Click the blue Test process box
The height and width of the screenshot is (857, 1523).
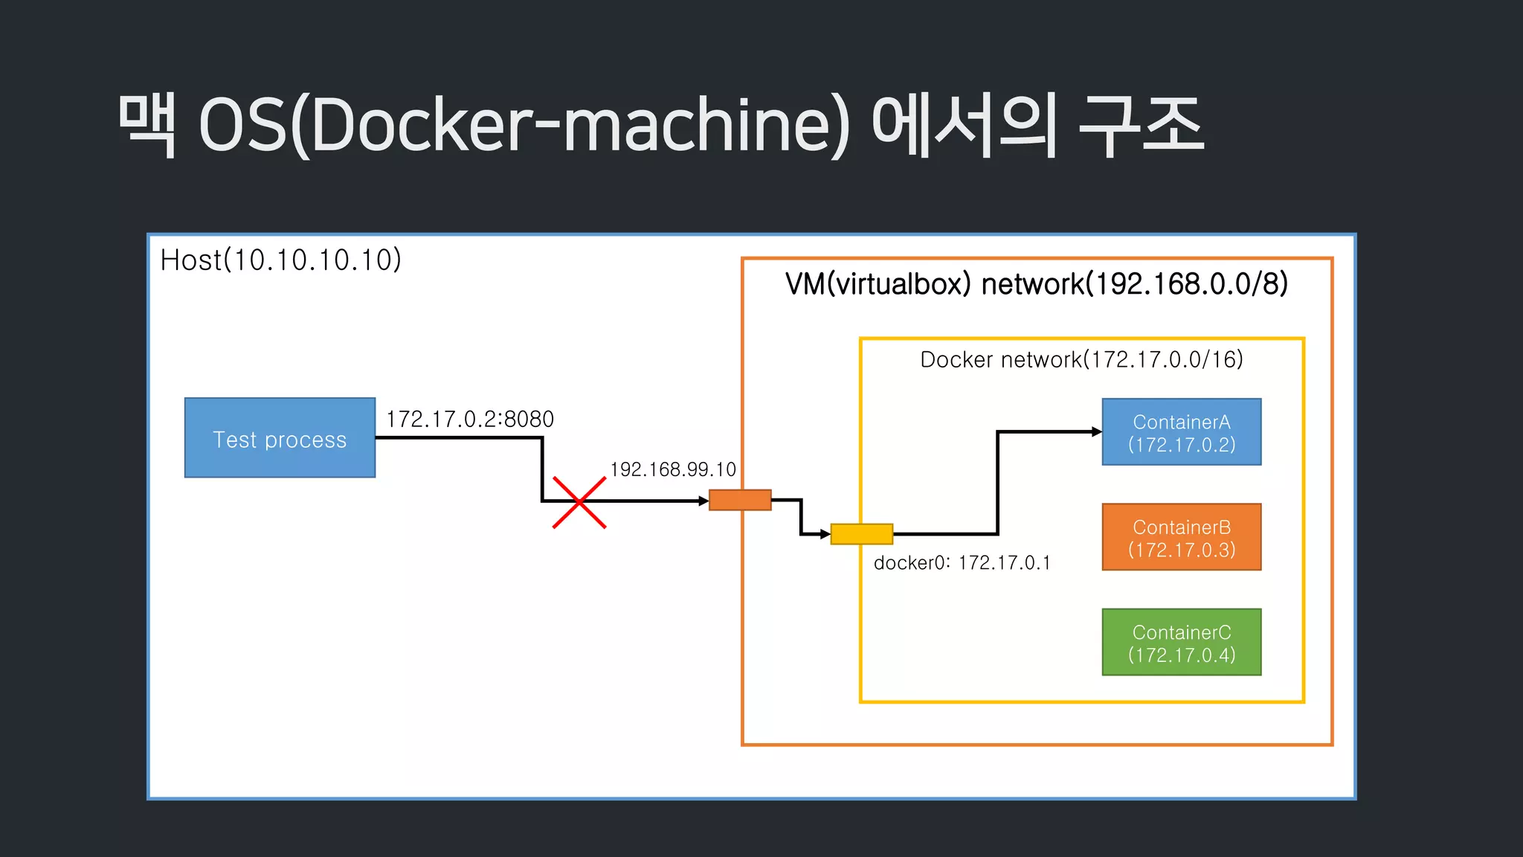[280, 437]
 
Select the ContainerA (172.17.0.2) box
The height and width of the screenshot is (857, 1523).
[1181, 432]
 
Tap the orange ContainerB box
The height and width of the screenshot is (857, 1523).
[1181, 537]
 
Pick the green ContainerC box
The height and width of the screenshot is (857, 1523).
[1181, 642]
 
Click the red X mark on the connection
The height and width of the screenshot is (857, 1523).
[579, 503]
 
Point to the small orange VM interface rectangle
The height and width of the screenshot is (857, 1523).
[740, 500]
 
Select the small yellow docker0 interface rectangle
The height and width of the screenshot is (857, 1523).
[861, 534]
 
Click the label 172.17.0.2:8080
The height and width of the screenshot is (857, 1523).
[470, 420]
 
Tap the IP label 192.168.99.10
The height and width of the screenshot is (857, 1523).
[673, 469]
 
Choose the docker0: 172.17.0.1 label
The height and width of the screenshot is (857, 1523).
[962, 563]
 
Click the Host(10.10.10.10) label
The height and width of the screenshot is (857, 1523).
[281, 260]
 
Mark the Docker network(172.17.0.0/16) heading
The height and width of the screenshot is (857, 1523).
[1081, 360]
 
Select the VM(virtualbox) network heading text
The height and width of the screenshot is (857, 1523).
[1036, 284]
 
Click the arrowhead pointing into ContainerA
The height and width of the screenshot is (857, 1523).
[1097, 431]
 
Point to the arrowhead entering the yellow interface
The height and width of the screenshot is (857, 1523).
[825, 534]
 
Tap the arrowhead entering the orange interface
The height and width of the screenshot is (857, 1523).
[703, 501]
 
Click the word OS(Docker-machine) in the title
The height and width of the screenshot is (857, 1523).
[524, 125]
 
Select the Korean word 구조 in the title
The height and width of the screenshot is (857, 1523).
[1141, 125]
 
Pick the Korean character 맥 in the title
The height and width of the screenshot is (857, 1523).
[148, 125]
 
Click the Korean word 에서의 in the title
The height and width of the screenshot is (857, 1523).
[965, 125]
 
